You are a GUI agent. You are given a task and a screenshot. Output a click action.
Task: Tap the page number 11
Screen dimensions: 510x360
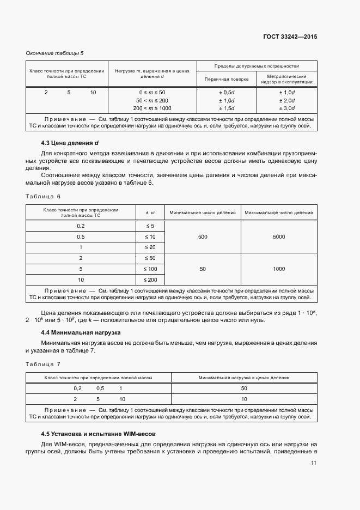click(x=314, y=463)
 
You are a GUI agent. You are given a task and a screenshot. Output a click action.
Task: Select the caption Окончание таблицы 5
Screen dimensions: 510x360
click(x=55, y=53)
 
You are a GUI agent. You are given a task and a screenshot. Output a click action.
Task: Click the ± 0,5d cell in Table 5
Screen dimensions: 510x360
click(x=227, y=93)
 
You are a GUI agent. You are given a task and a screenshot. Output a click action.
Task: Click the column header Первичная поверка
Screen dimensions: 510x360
click(x=227, y=79)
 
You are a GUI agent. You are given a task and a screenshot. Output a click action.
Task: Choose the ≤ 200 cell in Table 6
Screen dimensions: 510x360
click(x=150, y=280)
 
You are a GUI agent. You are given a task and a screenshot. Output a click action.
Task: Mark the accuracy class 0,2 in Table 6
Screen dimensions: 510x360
click(x=81, y=226)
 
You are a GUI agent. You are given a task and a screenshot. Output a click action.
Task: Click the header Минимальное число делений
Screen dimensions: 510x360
click(x=203, y=212)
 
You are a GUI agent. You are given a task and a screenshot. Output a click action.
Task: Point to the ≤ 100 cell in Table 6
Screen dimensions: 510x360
click(x=150, y=269)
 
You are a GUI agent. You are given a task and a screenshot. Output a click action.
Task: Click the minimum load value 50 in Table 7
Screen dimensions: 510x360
click(x=244, y=388)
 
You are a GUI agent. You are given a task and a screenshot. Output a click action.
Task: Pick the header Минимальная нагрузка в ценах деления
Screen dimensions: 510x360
click(x=244, y=377)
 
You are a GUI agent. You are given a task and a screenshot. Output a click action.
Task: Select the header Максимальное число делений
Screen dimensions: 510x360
click(x=279, y=212)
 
